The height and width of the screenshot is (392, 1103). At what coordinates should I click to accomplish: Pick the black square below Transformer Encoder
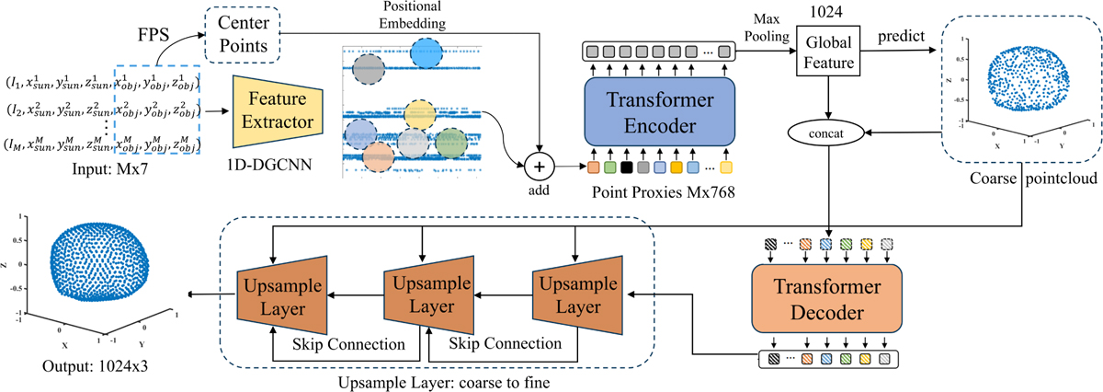click(x=626, y=167)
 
